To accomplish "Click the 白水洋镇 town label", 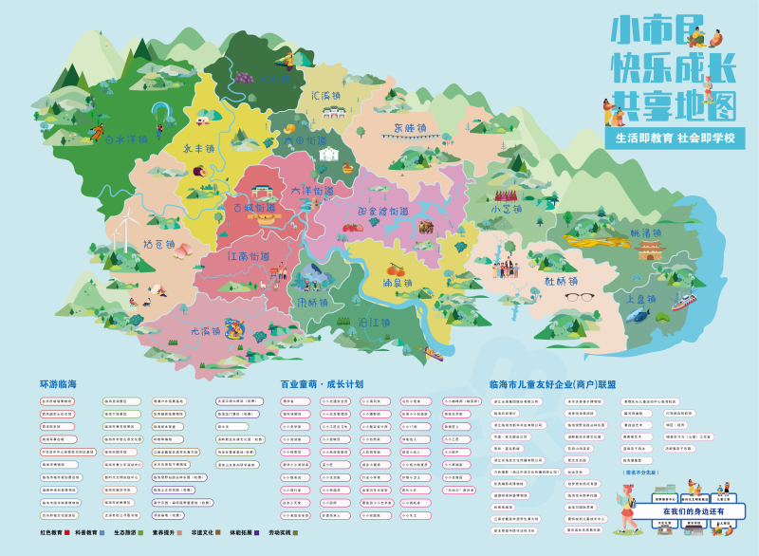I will [126, 139].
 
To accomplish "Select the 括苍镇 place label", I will [158, 244].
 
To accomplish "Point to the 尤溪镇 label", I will [205, 331].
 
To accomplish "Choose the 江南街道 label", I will [261, 256].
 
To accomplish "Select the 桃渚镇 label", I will [645, 232].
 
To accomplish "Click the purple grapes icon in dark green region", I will [244, 77].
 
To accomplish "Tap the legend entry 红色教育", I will [55, 533].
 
